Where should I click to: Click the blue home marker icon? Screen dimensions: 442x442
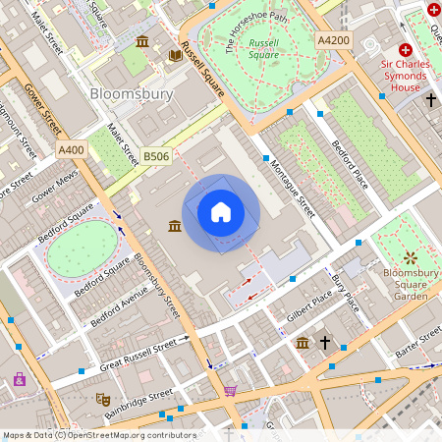coord(221,211)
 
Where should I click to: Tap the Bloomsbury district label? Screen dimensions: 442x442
coord(131,94)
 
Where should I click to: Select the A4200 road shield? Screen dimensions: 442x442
coord(333,39)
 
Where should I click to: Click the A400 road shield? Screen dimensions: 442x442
coord(71,149)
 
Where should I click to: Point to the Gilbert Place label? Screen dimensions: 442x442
coord(309,305)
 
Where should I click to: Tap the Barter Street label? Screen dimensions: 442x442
coord(416,340)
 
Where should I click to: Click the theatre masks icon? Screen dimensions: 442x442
coord(101,399)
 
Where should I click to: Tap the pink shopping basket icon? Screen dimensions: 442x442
coord(230,390)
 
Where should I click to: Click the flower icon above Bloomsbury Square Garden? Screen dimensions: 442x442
coord(410,257)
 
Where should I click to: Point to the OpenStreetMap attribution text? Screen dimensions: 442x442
coord(99,434)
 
